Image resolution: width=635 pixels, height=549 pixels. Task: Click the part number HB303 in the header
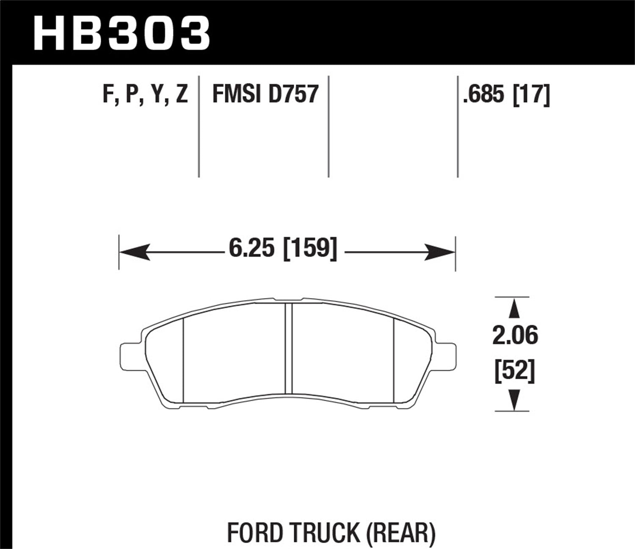pos(121,34)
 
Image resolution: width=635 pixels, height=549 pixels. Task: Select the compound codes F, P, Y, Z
pos(145,94)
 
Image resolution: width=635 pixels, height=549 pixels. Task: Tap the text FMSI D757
pos(265,94)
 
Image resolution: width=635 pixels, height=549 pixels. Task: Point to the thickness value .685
pos(484,94)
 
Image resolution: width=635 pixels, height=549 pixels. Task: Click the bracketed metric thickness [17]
pos(531,94)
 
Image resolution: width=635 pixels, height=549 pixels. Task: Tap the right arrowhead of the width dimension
pos(440,252)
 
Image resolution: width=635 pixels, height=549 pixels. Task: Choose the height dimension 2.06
pos(515,336)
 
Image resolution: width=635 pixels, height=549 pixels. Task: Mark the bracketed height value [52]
pos(515,371)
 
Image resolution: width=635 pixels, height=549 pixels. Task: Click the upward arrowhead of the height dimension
pos(514,309)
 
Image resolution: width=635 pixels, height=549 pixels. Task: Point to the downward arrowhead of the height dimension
pos(514,400)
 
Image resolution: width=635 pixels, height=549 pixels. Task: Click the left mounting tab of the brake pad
pos(129,353)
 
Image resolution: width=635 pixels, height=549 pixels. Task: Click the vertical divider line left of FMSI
pos(199,127)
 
